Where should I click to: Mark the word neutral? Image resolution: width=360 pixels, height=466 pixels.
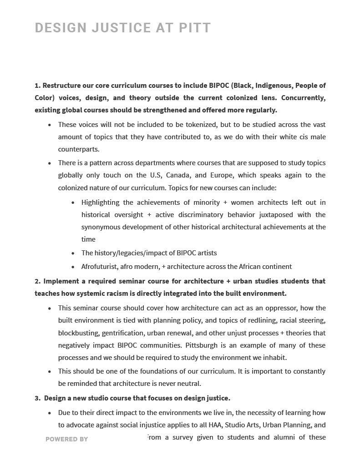(188, 384)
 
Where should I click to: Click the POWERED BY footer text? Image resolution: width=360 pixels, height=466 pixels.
(66, 439)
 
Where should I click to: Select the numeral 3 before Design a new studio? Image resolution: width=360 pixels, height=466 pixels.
(37, 398)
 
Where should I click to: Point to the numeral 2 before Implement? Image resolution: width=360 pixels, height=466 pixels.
(37, 281)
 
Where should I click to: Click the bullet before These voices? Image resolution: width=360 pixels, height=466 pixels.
(50, 125)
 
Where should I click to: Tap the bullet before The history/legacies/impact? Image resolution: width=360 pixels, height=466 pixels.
(73, 253)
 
